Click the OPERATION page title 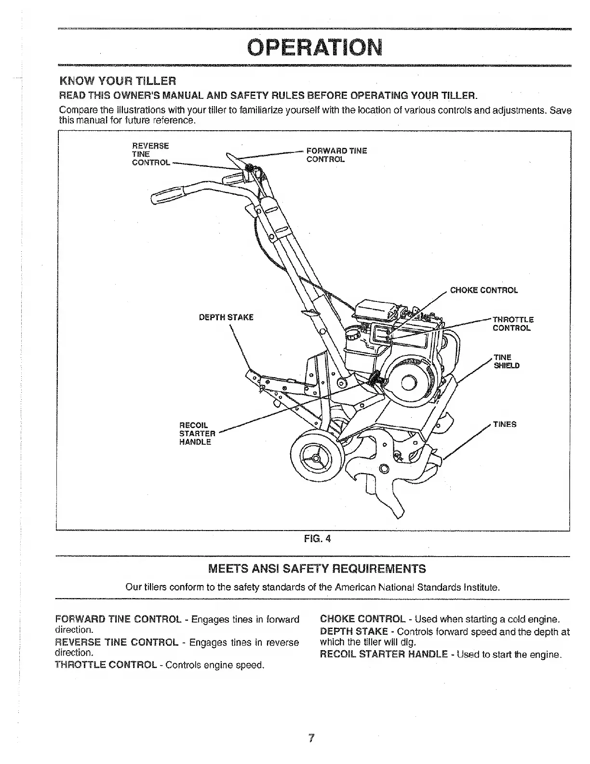[x=314, y=47]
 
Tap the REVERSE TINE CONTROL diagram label [x=151, y=154]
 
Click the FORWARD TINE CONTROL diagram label [x=336, y=155]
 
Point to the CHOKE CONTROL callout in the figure [x=483, y=290]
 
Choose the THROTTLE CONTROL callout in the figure [x=512, y=324]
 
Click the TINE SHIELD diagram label [x=506, y=361]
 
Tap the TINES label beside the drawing [x=505, y=424]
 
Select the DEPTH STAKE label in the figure [x=226, y=317]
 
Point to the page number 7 [x=312, y=738]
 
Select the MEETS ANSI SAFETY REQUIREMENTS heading [x=317, y=569]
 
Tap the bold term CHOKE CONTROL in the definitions [x=362, y=619]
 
